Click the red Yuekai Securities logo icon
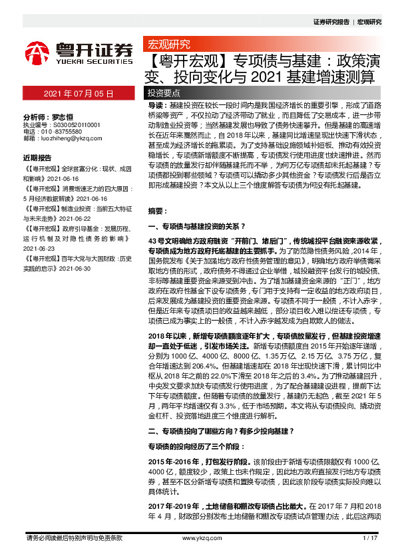point(39,53)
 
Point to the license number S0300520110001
point(71,124)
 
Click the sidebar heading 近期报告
point(37,158)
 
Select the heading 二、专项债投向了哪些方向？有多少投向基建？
point(219,431)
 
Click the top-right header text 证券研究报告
point(331,22)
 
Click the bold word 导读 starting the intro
point(155,106)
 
